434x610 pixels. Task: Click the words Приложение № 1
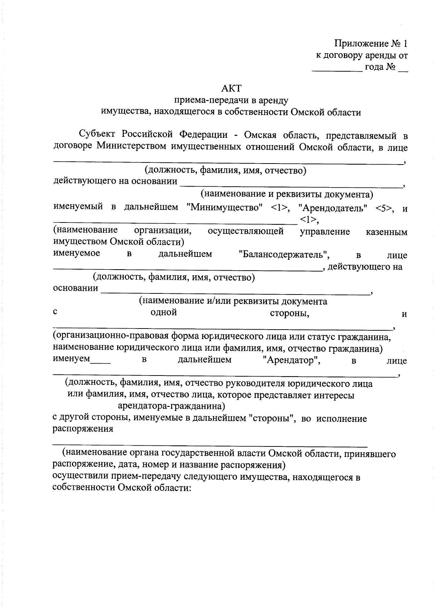[371, 44]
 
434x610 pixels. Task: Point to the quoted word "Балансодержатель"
[284, 255]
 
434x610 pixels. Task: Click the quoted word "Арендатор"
[292, 360]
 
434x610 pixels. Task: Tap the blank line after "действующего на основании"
[291, 185]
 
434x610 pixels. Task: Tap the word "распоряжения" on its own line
[83, 429]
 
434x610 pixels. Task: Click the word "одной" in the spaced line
[163, 312]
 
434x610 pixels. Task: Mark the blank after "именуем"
[100, 362]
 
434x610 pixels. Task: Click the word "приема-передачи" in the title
[205, 100]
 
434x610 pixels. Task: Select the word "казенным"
[387, 232]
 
